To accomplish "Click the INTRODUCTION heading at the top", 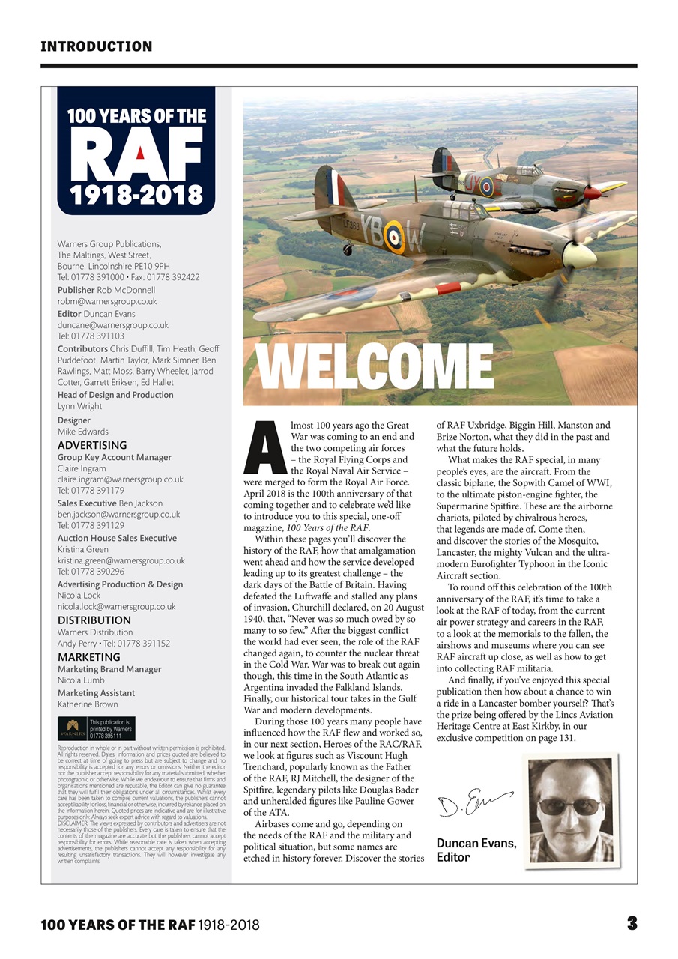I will click(96, 46).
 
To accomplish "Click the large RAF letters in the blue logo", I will click(136, 154).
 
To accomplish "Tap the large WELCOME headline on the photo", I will click(375, 368).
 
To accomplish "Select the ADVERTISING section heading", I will click(92, 445).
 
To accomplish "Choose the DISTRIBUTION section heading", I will click(94, 620).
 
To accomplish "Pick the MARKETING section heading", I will click(88, 657).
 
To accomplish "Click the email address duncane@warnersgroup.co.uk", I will click(113, 325).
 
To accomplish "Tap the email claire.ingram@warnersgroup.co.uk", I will click(121, 479).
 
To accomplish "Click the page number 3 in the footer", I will click(632, 924).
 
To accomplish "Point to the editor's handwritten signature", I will click(474, 805).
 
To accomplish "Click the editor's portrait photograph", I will click(571, 809).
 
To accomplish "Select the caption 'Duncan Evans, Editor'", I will click(476, 850).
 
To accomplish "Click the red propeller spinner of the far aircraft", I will click(593, 192).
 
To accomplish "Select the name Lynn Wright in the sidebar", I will click(79, 406).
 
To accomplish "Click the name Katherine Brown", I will click(88, 704).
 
